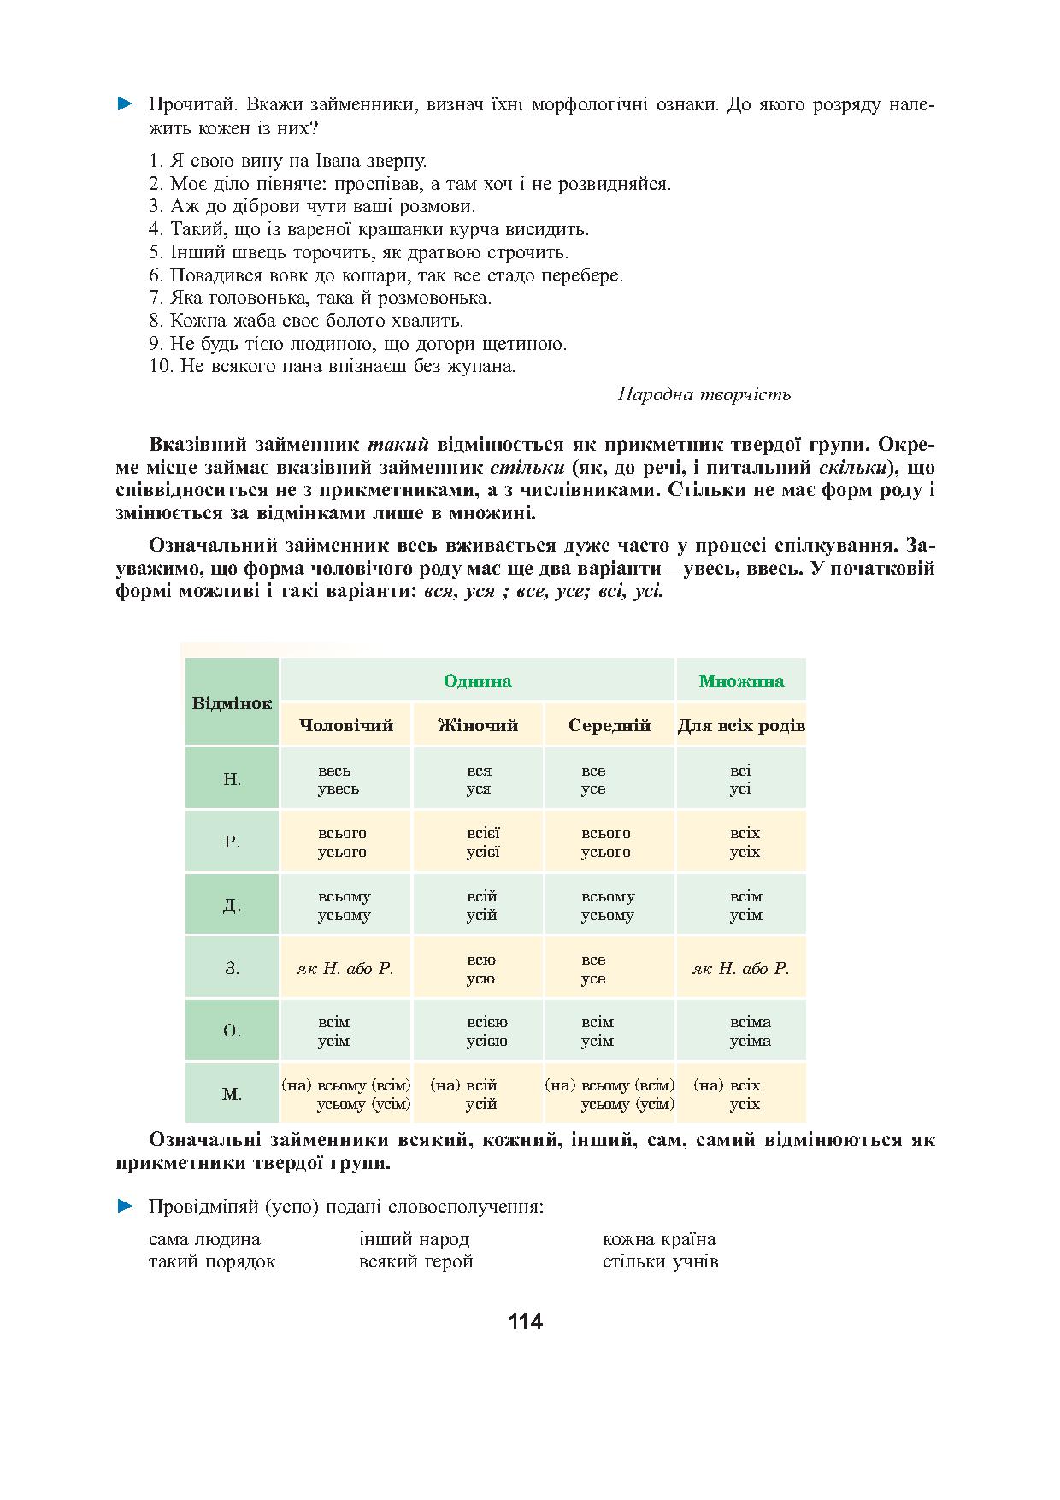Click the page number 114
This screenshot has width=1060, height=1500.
click(525, 1321)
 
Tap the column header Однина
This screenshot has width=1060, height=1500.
click(477, 681)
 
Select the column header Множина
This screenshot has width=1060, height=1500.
click(741, 681)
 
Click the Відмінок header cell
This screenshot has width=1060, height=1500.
click(232, 703)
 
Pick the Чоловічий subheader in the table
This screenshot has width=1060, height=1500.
click(346, 725)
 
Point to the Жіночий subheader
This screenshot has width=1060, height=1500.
click(478, 725)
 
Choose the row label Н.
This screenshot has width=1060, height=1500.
click(232, 779)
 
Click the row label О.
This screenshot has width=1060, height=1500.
click(232, 1031)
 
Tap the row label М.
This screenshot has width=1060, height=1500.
click(232, 1094)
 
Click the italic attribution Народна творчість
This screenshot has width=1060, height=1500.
click(704, 394)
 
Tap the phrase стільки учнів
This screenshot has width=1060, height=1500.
click(660, 1261)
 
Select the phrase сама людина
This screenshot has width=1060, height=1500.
click(204, 1239)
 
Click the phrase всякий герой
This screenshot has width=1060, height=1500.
click(416, 1261)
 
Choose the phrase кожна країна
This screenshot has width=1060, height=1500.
click(658, 1239)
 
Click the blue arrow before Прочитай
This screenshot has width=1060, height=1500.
click(126, 105)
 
